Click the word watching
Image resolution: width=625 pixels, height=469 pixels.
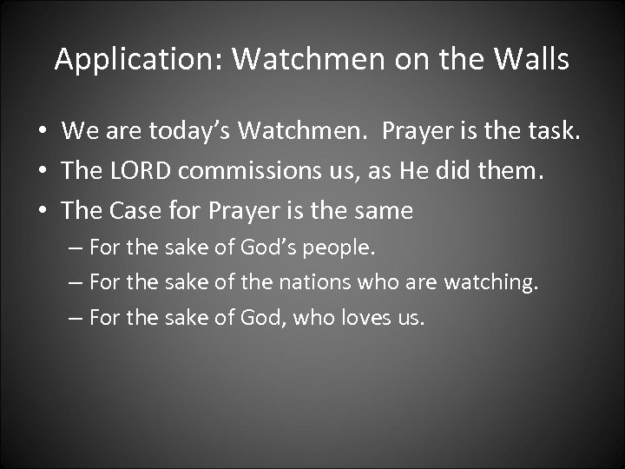494,282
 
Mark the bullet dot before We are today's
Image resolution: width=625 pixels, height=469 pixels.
42,133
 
